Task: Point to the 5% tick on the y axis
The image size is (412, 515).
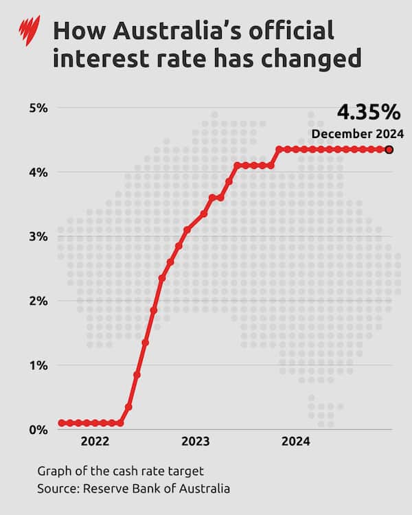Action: point(38,108)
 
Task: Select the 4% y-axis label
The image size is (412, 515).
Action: point(38,172)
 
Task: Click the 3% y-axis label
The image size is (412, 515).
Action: point(38,237)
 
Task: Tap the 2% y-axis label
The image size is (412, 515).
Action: point(38,301)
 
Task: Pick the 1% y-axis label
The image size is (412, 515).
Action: point(38,365)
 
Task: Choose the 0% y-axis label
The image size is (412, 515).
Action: point(38,430)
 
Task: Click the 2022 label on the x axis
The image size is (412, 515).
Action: point(95,442)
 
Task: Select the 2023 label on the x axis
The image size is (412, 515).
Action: point(196,442)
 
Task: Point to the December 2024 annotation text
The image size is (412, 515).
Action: point(357,133)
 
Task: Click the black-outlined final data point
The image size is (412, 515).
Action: point(389,149)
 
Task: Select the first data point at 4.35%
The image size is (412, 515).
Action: point(279,149)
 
